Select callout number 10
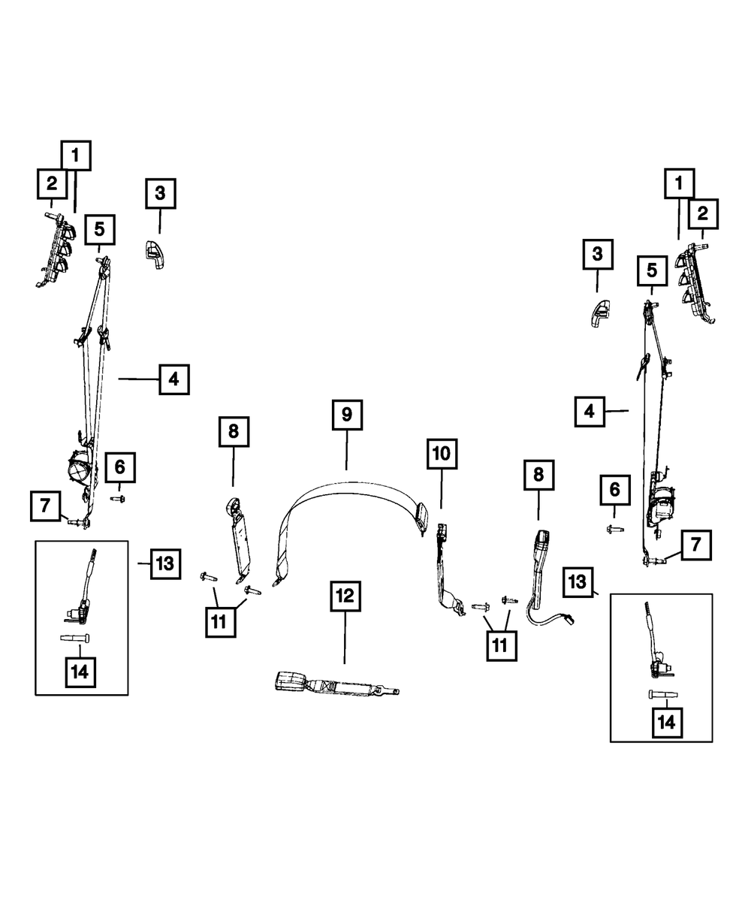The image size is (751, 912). pyautogui.click(x=442, y=453)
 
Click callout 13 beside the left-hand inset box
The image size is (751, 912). pyautogui.click(x=165, y=563)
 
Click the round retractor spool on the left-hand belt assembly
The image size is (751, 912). pyautogui.click(x=77, y=470)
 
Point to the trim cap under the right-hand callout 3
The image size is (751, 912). pyautogui.click(x=599, y=312)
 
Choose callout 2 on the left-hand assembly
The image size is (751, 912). pyautogui.click(x=51, y=183)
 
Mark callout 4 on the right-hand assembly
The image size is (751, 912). pyautogui.click(x=590, y=412)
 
